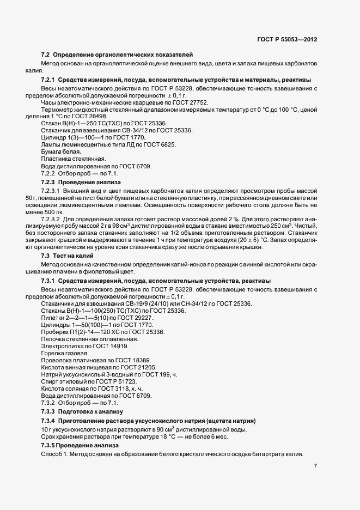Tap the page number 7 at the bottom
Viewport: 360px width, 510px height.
coord(316,466)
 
